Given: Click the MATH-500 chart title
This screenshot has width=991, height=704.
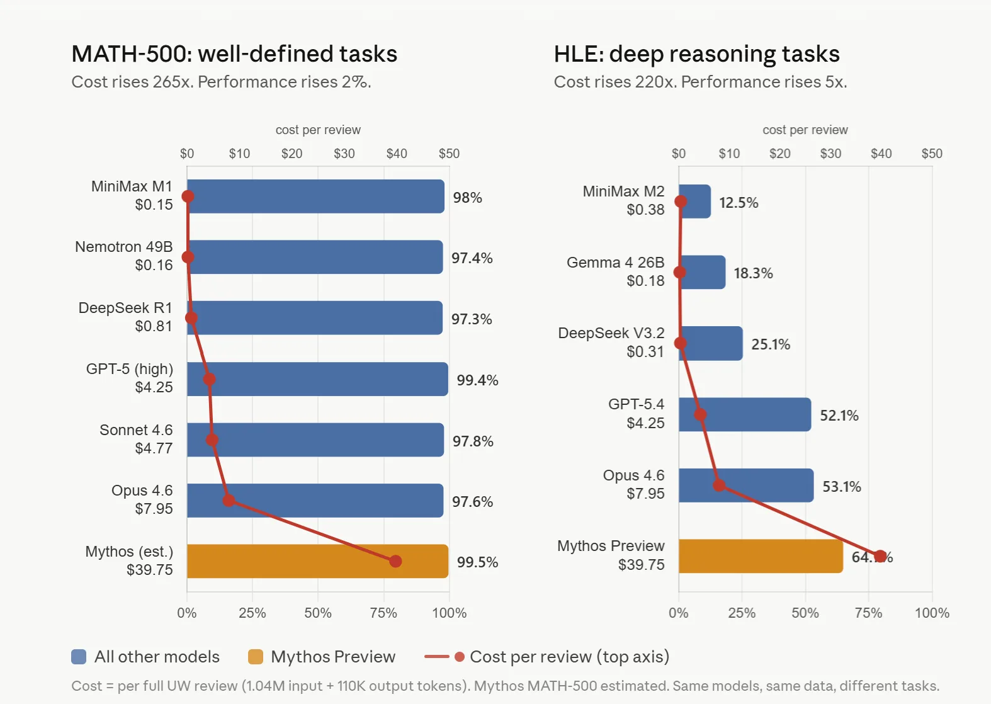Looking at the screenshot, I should [234, 54].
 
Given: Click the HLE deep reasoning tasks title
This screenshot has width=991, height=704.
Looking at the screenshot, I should [696, 54].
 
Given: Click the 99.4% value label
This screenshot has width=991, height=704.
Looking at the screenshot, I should [477, 380].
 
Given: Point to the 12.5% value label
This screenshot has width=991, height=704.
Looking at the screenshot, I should [739, 203].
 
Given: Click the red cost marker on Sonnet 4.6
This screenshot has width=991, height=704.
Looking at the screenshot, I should [212, 440].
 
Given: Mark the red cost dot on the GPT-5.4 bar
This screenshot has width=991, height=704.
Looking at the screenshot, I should [700, 414].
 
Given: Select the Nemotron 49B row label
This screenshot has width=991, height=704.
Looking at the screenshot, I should [124, 256].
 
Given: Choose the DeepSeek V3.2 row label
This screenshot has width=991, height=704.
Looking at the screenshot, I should [611, 342].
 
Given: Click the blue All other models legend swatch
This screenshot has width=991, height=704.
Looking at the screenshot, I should [79, 657].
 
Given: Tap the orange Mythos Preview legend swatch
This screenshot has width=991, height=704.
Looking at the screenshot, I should [256, 657].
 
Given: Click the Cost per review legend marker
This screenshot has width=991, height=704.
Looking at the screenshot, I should [459, 657].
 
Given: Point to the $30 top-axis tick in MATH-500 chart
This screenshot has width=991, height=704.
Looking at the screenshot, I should [344, 154].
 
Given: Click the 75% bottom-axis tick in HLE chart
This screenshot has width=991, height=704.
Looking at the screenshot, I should [868, 613].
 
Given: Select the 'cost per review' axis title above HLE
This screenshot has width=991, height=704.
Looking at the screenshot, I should [805, 130].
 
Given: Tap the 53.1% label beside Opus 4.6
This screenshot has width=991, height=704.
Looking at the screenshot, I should [841, 487].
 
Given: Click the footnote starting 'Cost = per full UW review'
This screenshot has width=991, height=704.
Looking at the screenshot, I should [505, 686].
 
